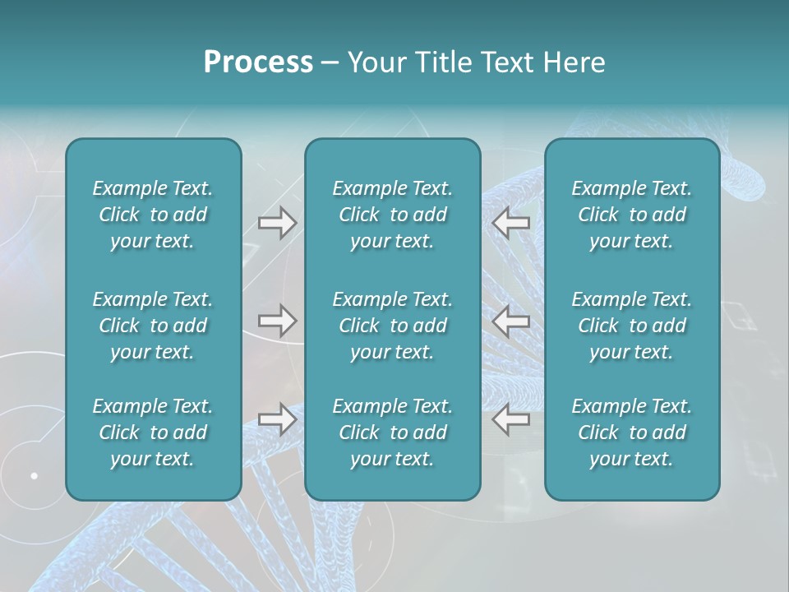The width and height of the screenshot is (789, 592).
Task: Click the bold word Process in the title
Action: pyautogui.click(x=258, y=62)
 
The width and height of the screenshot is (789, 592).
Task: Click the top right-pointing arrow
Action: pyautogui.click(x=277, y=223)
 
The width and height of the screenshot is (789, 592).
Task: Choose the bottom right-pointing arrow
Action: pyautogui.click(x=277, y=419)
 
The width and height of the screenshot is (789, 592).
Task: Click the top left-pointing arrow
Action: pyautogui.click(x=511, y=223)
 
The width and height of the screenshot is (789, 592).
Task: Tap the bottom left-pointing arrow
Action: pyautogui.click(x=511, y=419)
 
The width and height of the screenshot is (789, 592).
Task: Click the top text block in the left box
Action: pyautogui.click(x=153, y=215)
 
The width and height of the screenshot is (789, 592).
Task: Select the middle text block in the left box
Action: pyautogui.click(x=153, y=326)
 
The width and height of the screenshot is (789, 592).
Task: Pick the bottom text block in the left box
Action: pyautogui.click(x=153, y=432)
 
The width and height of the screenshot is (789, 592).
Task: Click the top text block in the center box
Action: pyautogui.click(x=392, y=215)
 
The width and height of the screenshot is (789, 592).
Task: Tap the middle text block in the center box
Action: pyautogui.click(x=392, y=326)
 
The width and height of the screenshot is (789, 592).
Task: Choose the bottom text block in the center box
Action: pyautogui.click(x=392, y=432)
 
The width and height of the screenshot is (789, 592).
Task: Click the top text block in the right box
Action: pyautogui.click(x=631, y=215)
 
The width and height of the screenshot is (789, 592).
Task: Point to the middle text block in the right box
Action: pyautogui.click(x=631, y=326)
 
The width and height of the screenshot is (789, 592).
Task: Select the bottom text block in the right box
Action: pyautogui.click(x=631, y=432)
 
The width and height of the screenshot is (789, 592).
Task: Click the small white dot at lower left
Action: pyautogui.click(x=35, y=475)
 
